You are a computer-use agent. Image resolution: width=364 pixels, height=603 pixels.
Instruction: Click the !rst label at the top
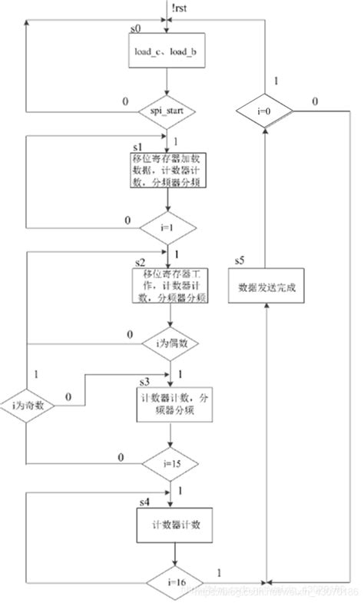tap(180, 8)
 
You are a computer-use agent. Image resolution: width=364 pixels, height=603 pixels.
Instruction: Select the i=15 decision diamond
tap(169, 464)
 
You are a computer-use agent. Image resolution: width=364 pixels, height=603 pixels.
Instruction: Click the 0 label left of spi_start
tap(125, 101)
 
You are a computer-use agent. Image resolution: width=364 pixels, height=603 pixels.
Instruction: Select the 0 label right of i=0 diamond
tap(316, 101)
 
